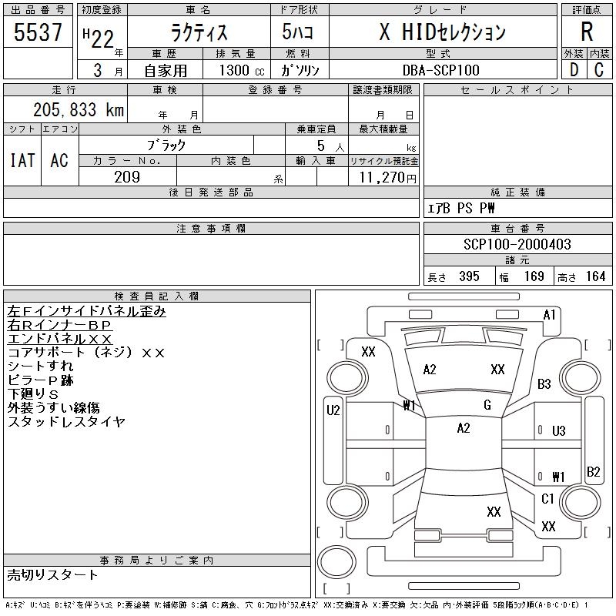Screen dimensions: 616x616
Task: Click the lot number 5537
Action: pos(38,32)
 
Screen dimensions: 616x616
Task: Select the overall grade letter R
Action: pos(587,32)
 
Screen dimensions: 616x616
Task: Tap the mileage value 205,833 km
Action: pos(79,109)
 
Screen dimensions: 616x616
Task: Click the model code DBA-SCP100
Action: pos(440,70)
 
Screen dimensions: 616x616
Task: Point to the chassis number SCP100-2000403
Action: pos(517,244)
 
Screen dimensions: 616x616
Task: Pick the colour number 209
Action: pos(127,177)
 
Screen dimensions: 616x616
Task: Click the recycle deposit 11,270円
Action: pos(387,178)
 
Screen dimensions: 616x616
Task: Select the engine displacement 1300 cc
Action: pos(242,70)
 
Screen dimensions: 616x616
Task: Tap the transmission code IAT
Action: pos(22,160)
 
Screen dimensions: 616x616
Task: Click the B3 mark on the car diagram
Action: pos(544,383)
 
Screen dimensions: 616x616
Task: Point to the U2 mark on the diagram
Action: pos(333,410)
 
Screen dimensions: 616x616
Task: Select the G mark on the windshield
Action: pos(487,405)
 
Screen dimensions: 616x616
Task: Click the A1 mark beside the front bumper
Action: pos(549,315)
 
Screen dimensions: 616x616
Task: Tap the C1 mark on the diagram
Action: pos(547,499)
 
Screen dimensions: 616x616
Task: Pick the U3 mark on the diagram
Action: pos(559,431)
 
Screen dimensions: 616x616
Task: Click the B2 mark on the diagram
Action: pos(593,471)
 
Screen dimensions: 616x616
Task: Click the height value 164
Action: pos(595,276)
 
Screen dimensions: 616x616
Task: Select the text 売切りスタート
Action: pos(52,575)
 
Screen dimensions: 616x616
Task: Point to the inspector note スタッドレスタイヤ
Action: pos(66,421)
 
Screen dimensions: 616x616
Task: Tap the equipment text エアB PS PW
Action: pos(460,208)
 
